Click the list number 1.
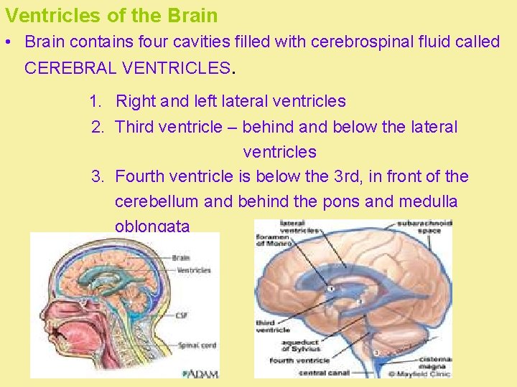point(96,102)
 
